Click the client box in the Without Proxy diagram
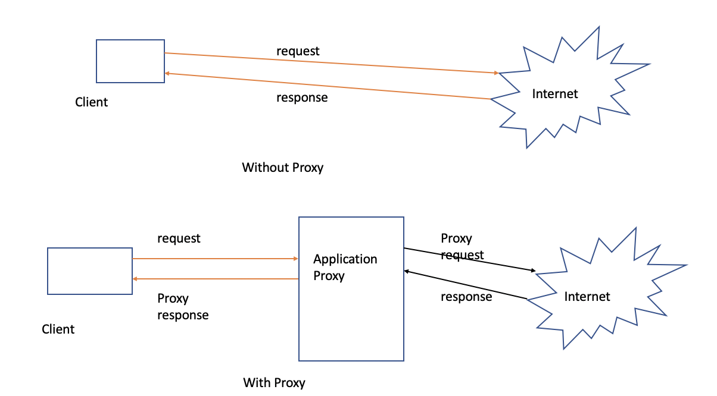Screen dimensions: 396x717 pyautogui.click(x=130, y=61)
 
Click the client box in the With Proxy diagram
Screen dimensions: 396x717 pyautogui.click(x=90, y=271)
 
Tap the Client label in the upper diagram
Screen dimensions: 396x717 pyautogui.click(x=92, y=102)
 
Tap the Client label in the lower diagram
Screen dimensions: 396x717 pyautogui.click(x=58, y=329)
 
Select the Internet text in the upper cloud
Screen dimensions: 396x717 pyautogui.click(x=555, y=93)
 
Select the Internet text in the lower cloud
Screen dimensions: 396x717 pyautogui.click(x=587, y=296)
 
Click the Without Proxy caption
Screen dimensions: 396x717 pyautogui.click(x=282, y=168)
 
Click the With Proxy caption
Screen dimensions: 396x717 pyautogui.click(x=274, y=382)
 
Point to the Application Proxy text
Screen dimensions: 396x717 pyautogui.click(x=345, y=268)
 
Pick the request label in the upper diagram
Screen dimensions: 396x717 pyautogui.click(x=298, y=51)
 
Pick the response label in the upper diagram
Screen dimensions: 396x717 pyautogui.click(x=302, y=98)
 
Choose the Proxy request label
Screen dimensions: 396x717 pyautogui.click(x=462, y=247)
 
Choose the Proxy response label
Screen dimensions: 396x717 pyautogui.click(x=183, y=307)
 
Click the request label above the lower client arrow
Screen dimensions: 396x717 pyautogui.click(x=179, y=238)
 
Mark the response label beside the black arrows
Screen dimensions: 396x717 pyautogui.click(x=466, y=296)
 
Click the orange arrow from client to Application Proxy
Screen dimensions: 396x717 pyautogui.click(x=214, y=259)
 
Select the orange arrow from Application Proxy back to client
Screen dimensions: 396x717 pyautogui.click(x=214, y=279)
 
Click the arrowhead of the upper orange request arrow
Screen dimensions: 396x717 pyautogui.click(x=496, y=73)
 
